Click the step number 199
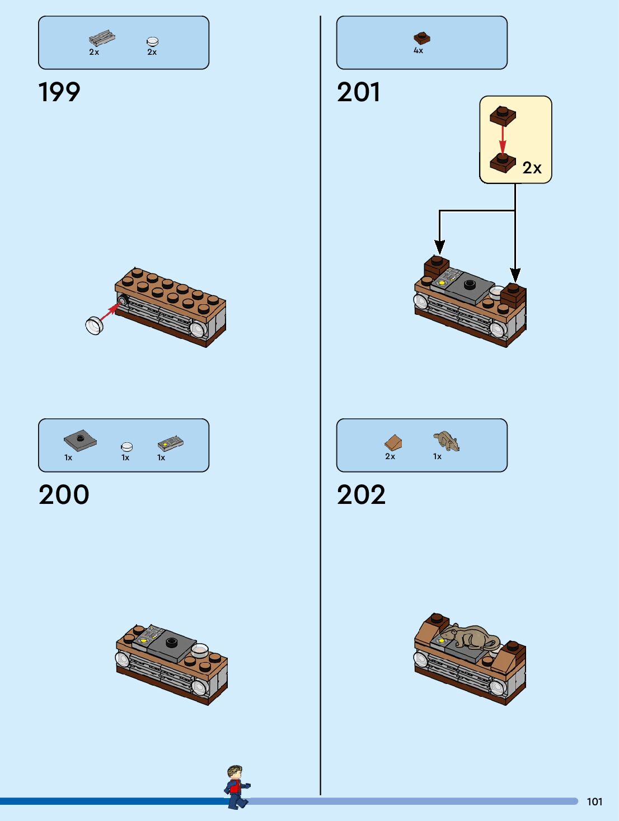(59, 92)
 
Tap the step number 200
(64, 494)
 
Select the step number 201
(359, 92)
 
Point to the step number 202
(361, 494)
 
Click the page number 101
(594, 801)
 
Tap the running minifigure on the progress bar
(237, 787)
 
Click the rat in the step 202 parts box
(447, 441)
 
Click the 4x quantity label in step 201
(419, 50)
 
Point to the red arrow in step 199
(110, 312)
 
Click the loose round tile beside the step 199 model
(95, 325)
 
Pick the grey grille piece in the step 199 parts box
(102, 38)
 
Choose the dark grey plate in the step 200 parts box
(80, 441)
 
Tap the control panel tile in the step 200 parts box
(171, 443)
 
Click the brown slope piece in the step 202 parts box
(393, 442)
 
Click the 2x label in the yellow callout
(532, 168)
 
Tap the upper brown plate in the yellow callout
(503, 115)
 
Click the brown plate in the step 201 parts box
(422, 38)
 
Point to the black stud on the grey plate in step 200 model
(171, 642)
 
